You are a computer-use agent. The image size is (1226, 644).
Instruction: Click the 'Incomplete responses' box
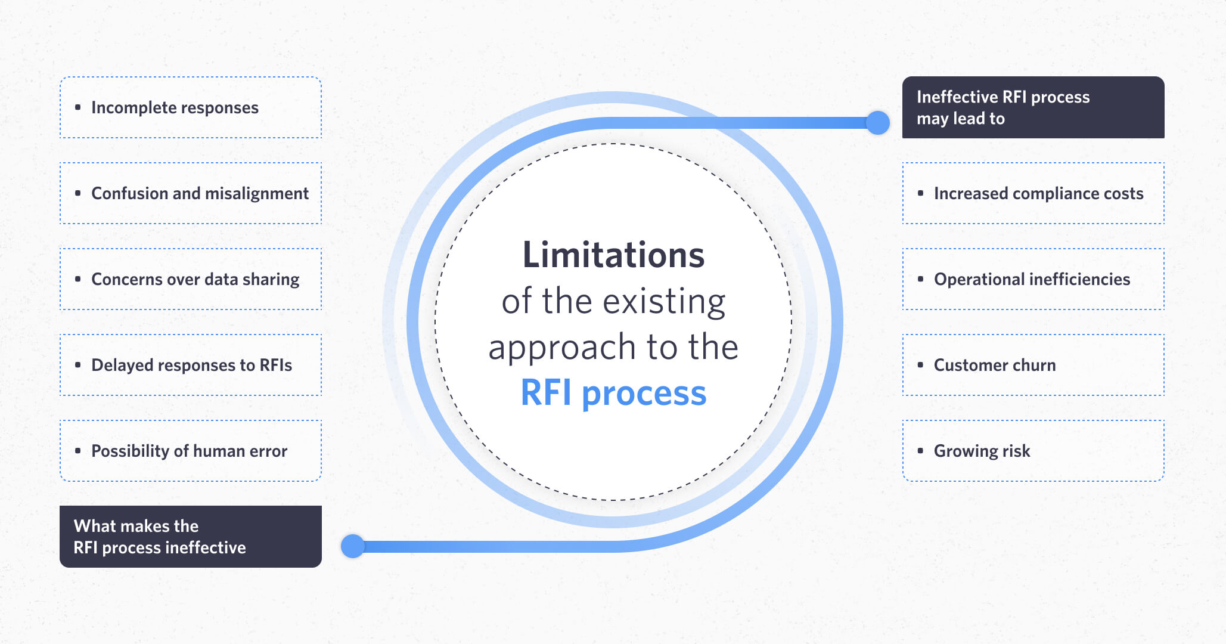tap(191, 107)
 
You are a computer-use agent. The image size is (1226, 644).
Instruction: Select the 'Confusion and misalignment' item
tap(191, 193)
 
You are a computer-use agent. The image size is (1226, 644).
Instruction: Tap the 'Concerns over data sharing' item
tap(191, 279)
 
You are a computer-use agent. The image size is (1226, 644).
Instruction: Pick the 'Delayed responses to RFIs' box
tap(191, 365)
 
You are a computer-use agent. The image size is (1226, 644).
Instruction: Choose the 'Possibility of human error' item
tap(191, 451)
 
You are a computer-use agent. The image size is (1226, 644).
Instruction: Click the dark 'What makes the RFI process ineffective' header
tap(191, 537)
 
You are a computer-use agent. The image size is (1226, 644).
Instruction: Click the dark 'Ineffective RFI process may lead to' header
tap(1033, 107)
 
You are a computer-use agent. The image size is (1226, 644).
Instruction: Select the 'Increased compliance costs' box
tap(1033, 193)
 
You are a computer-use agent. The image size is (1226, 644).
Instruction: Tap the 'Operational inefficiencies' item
tap(1033, 279)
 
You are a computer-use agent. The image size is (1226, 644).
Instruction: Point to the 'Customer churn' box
tap(1033, 365)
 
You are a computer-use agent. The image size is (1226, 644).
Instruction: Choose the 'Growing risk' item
tap(1033, 451)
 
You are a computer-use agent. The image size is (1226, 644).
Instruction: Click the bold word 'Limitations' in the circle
tap(613, 255)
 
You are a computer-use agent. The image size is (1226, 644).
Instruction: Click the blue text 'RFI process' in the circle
tap(613, 394)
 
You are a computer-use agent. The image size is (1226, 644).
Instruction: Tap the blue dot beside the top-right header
tap(877, 123)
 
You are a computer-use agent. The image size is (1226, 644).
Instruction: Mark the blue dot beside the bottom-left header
tap(353, 546)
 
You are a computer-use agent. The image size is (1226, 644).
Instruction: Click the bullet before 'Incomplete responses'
tap(78, 107)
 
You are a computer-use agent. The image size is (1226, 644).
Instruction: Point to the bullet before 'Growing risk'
tap(921, 451)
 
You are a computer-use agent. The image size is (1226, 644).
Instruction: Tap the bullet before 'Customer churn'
tap(921, 365)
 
